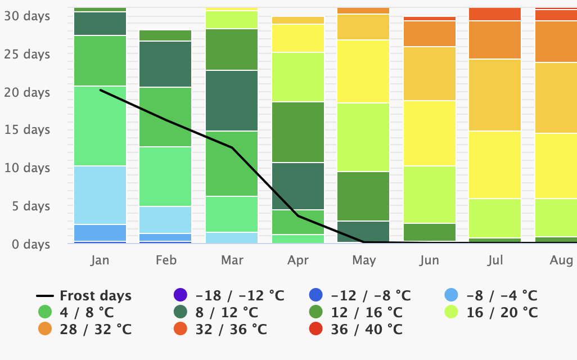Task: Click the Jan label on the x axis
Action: point(100,260)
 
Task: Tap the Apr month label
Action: point(298,260)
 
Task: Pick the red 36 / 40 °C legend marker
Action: point(317,329)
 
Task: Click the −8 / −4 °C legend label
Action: point(501,295)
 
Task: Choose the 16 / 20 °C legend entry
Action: point(502,312)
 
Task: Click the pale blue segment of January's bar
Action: point(100,195)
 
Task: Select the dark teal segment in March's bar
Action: point(232,101)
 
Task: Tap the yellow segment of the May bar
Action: point(363,71)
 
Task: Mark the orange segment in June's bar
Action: point(430,34)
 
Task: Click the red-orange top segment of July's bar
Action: point(495,14)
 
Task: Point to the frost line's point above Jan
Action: point(100,90)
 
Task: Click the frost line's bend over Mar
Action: point(232,147)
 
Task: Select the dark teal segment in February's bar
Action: point(166,64)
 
